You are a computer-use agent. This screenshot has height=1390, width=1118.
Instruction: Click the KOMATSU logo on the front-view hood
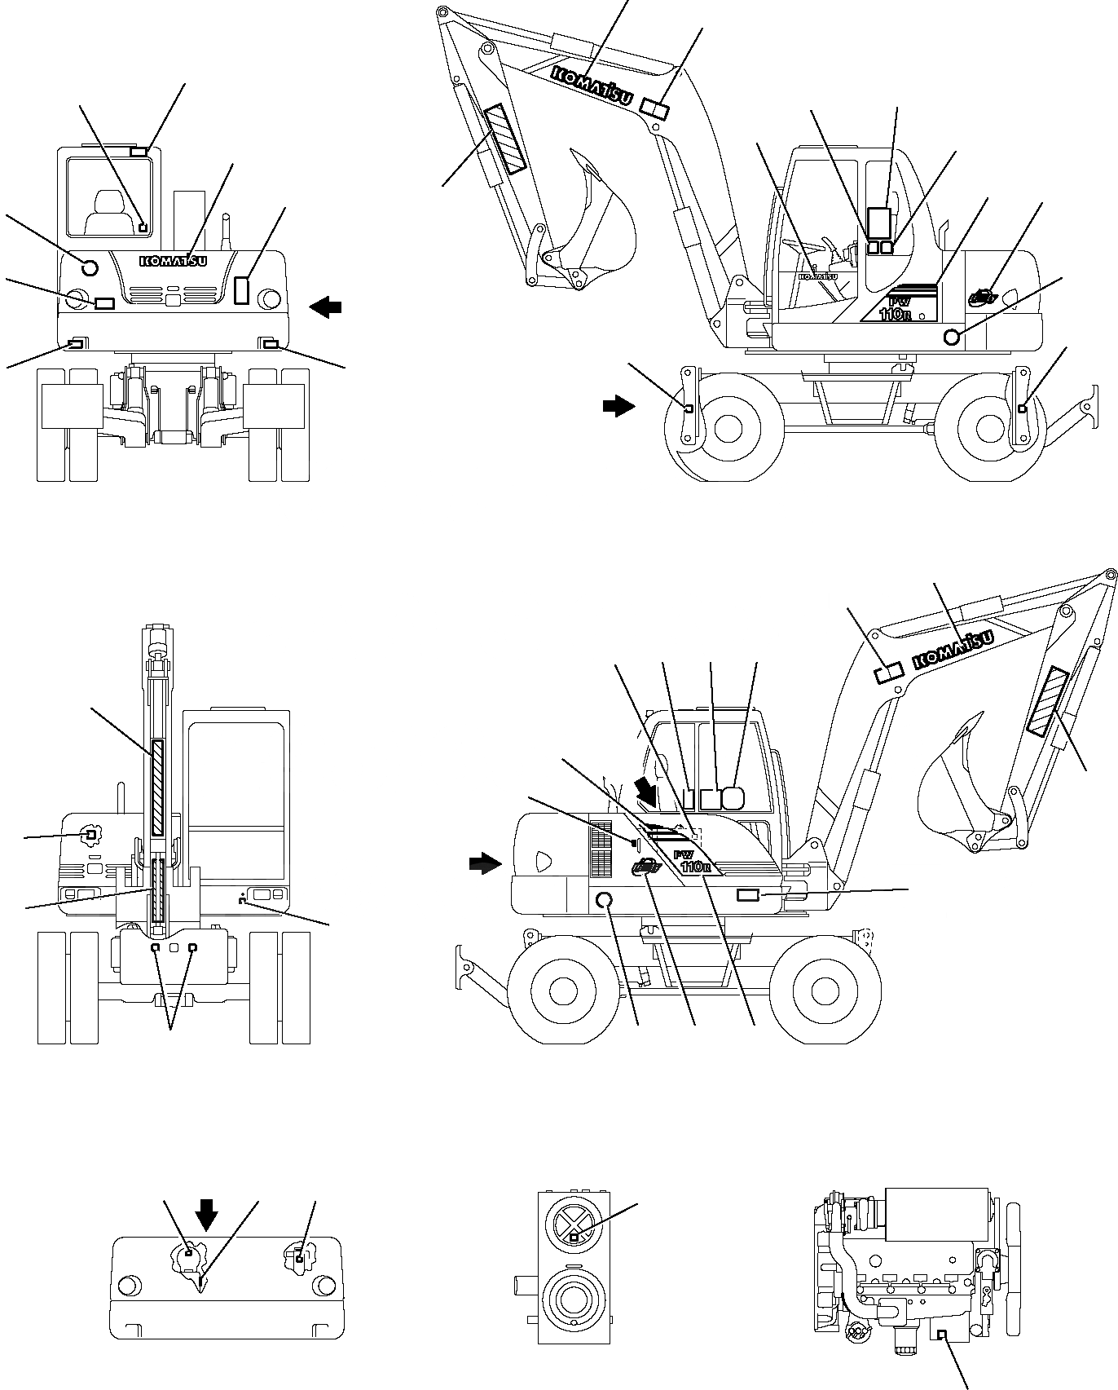[x=174, y=261]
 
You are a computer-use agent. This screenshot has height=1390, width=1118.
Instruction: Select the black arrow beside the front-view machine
[x=326, y=307]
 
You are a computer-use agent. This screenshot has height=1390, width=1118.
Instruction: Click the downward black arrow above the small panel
[x=207, y=1214]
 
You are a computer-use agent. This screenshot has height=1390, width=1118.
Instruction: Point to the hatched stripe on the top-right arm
[x=506, y=139]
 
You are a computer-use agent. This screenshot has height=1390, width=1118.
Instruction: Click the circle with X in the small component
[x=573, y=1224]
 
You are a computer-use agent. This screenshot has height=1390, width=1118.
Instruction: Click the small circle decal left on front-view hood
[x=90, y=266]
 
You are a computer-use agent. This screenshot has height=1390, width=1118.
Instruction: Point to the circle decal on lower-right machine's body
[x=605, y=901]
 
